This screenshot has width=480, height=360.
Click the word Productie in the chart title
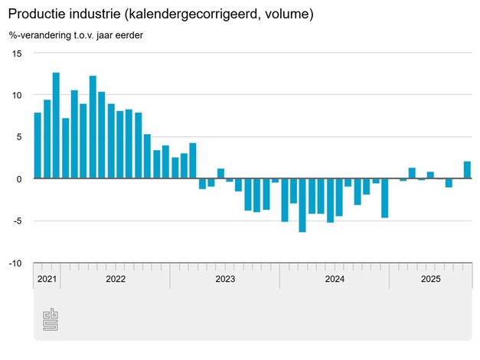pyautogui.click(x=38, y=15)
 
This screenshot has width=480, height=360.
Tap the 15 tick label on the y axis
pyautogui.click(x=18, y=54)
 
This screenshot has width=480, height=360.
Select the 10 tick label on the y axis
pyautogui.click(x=18, y=95)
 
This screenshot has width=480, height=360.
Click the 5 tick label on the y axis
pyautogui.click(x=20, y=137)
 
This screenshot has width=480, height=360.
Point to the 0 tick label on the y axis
pyautogui.click(x=20, y=178)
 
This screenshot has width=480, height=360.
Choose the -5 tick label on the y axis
pyautogui.click(x=18, y=221)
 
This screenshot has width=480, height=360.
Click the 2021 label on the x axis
pyautogui.click(x=47, y=280)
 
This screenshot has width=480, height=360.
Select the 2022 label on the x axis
pyautogui.click(x=116, y=280)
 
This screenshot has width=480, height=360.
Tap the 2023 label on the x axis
pyautogui.click(x=225, y=280)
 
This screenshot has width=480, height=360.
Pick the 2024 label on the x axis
pyautogui.click(x=335, y=280)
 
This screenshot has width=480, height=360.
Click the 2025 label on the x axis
pyautogui.click(x=430, y=280)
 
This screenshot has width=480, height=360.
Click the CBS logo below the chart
pyautogui.click(x=51, y=319)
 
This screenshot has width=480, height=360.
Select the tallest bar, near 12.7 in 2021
pyautogui.click(x=56, y=126)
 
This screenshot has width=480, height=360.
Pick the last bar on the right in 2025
pyautogui.click(x=467, y=170)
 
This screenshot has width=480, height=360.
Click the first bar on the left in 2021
pyautogui.click(x=38, y=146)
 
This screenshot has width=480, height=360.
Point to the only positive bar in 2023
pyautogui.click(x=220, y=174)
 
